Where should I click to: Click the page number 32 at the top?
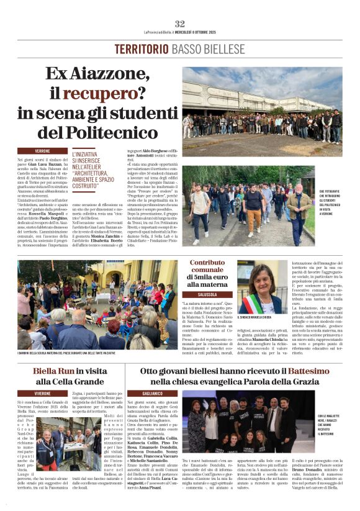click(180, 24)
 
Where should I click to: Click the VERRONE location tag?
click(43, 151)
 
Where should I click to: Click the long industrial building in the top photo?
click(254, 99)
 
